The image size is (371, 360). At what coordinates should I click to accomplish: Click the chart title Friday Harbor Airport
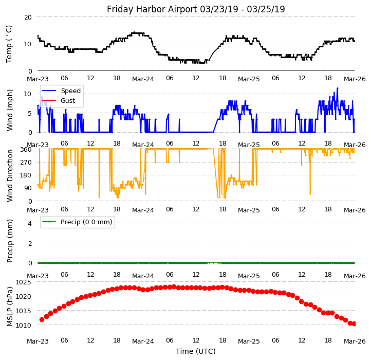[x=196, y=9]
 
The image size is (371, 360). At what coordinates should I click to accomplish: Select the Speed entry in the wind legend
[x=70, y=91]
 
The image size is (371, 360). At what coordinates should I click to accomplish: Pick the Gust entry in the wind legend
[x=67, y=100]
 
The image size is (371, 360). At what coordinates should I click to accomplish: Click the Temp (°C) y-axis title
[x=9, y=44]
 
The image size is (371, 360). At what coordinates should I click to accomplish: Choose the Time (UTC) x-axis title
[x=196, y=351]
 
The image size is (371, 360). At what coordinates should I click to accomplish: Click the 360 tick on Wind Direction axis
[x=26, y=149]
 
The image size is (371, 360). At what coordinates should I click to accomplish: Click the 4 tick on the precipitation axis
[x=30, y=223]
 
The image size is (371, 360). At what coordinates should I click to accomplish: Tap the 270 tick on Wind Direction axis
[x=26, y=162]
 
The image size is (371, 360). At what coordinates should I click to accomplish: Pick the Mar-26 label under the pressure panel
[x=355, y=340]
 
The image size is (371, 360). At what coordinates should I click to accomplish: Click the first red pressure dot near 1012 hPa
[x=42, y=319]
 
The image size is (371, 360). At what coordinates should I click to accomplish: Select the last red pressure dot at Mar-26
[x=354, y=323]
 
